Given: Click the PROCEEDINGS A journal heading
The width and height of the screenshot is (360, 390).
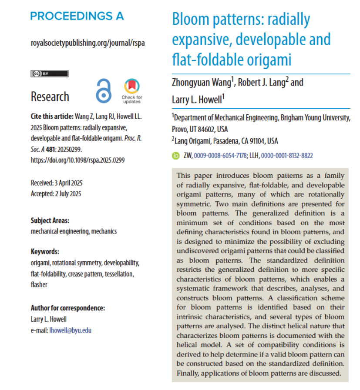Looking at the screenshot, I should pyautogui.click(x=77, y=17).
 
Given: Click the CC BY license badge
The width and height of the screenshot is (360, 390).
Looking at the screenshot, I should pyautogui.click(x=49, y=73).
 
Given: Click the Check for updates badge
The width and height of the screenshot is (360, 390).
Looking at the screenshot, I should pyautogui.click(x=131, y=90).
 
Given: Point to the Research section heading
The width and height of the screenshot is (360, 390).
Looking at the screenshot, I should pyautogui.click(x=50, y=97).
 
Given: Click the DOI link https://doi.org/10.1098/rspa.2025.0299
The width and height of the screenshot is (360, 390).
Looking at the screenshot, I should pyautogui.click(x=77, y=160).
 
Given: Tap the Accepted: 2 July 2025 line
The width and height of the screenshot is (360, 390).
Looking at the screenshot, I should pyautogui.click(x=56, y=194).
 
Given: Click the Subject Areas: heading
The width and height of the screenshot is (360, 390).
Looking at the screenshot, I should pyautogui.click(x=50, y=220).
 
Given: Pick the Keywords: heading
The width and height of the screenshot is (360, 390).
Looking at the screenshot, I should pyautogui.click(x=45, y=252).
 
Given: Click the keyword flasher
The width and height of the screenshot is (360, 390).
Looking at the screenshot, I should pyautogui.click(x=40, y=285).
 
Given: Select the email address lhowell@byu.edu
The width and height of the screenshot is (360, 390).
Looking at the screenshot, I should pyautogui.click(x=71, y=330).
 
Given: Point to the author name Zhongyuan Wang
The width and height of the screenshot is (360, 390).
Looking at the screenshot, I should pyautogui.click(x=202, y=83).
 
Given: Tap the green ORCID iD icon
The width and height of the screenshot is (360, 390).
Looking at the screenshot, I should pyautogui.click(x=176, y=156).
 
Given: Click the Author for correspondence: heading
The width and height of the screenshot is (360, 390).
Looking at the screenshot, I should pyautogui.click(x=68, y=308).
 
